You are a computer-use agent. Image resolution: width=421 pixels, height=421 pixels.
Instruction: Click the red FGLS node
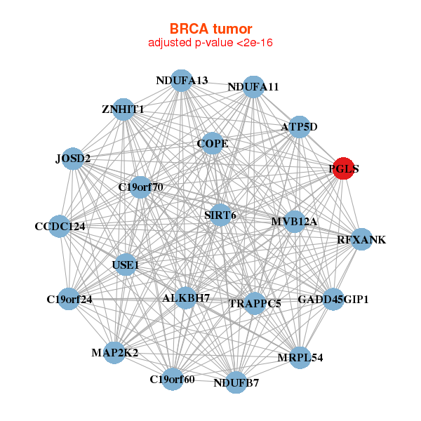[x=343, y=169]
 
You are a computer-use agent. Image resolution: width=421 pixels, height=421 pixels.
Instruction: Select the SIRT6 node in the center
[x=220, y=215]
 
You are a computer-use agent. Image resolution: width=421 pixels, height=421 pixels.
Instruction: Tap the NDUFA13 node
[x=182, y=81]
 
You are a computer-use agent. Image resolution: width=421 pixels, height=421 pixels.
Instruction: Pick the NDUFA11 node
[x=253, y=87]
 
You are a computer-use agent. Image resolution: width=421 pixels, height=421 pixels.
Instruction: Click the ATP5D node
[x=300, y=127]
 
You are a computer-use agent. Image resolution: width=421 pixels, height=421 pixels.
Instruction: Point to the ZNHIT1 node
[x=123, y=109]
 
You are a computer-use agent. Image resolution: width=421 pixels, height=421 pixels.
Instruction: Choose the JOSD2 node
[x=73, y=159]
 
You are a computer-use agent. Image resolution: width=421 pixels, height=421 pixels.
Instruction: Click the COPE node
[x=213, y=144]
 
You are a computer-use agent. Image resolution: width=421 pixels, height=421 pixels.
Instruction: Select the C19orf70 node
[x=140, y=187]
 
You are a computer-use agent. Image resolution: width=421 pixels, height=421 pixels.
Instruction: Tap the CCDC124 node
[x=60, y=227]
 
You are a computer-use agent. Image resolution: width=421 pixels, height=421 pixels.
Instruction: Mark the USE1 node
[x=126, y=265]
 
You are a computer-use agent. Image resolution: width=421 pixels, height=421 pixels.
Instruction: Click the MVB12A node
[x=294, y=222]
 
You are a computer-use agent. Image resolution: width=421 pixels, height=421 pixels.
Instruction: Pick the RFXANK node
[x=361, y=240]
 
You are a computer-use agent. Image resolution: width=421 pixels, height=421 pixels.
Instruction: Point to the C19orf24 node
[x=69, y=299]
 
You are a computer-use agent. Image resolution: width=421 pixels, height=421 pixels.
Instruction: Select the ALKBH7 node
[x=186, y=298]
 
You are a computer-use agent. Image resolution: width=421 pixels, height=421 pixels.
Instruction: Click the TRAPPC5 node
[x=255, y=304]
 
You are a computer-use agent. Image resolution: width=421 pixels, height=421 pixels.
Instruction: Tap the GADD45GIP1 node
[x=333, y=300]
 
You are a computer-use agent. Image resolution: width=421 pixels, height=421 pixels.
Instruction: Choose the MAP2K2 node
[x=114, y=352]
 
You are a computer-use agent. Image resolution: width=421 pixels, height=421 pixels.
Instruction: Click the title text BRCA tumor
[x=210, y=29]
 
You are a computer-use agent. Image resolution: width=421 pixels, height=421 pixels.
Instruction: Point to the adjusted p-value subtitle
[x=210, y=43]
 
